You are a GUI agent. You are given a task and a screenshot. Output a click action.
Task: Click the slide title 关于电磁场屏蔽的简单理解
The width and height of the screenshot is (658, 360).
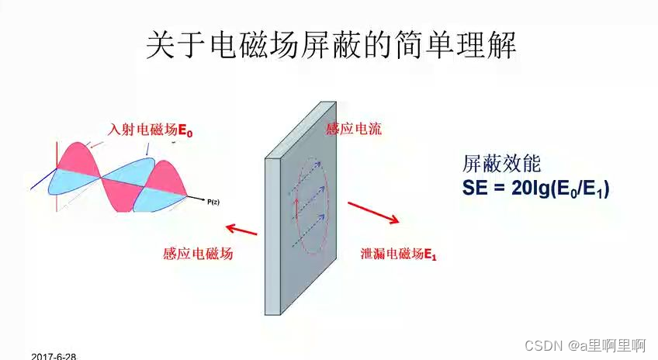331,45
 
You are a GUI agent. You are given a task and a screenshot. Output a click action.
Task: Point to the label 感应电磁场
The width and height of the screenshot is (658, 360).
198,254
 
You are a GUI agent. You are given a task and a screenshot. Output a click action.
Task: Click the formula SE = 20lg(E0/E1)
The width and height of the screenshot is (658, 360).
535,188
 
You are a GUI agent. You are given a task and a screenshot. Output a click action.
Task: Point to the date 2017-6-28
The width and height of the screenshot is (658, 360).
54,355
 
